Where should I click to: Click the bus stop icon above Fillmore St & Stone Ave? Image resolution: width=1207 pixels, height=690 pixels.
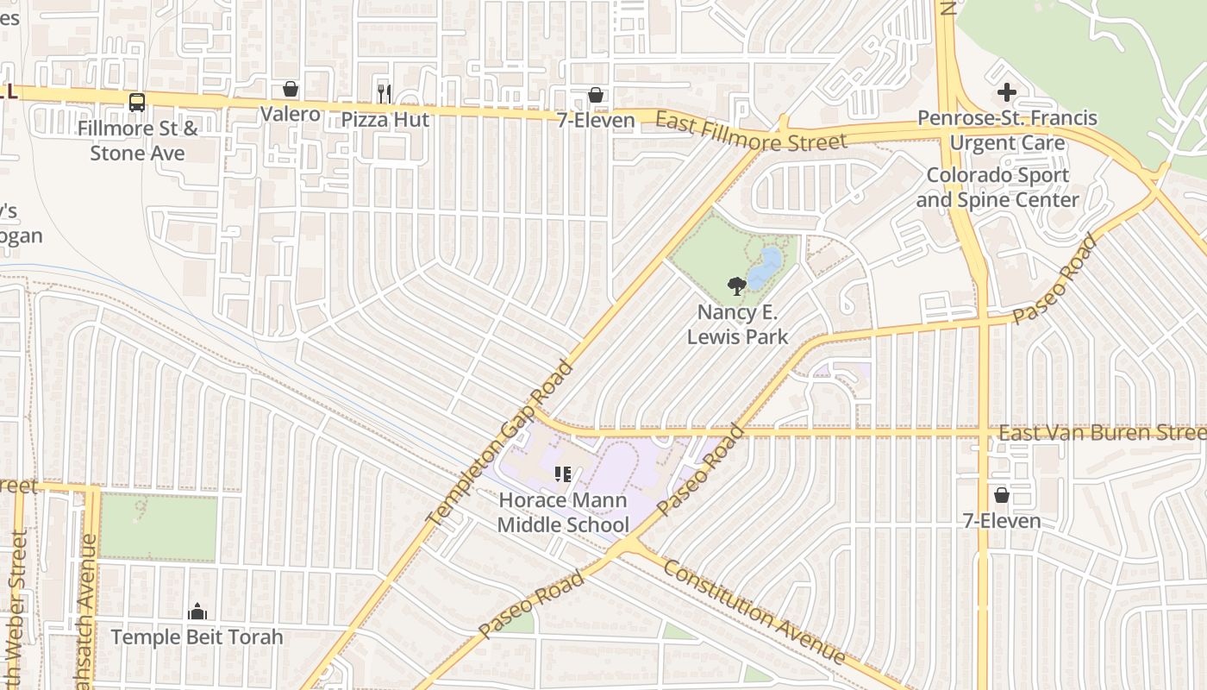(136, 103)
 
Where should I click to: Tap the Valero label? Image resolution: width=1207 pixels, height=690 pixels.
(291, 114)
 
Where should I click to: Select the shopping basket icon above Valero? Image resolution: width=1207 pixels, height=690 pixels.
(291, 89)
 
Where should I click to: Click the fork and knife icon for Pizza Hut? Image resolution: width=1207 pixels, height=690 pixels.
(385, 93)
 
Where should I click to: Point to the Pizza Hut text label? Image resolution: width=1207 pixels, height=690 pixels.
(385, 119)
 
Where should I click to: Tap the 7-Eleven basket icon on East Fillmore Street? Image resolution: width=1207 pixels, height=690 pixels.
(595, 95)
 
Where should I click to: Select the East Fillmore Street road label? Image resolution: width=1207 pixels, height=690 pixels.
(751, 131)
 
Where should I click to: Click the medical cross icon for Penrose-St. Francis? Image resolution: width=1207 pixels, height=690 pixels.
(1006, 92)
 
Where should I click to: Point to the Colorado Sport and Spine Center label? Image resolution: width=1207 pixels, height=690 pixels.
(997, 187)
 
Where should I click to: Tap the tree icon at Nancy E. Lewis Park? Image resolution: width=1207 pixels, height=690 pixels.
(735, 285)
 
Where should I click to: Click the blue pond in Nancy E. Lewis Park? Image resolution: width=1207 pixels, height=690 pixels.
(765, 268)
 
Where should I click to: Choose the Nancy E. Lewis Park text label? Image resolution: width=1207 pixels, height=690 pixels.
(737, 323)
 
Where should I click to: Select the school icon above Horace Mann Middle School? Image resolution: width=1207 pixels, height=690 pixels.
(563, 474)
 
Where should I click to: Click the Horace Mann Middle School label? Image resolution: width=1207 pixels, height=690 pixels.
(563, 512)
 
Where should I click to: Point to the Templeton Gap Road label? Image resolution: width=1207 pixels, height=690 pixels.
(500, 443)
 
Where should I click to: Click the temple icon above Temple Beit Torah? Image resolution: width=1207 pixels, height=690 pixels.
(197, 612)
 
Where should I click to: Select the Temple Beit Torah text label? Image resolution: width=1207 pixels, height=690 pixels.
(197, 637)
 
